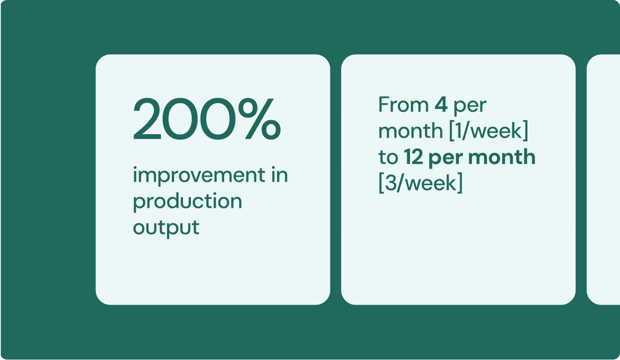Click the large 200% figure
tap(207, 119)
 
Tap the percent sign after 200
tap(260, 119)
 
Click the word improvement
tap(199, 175)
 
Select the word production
tap(187, 201)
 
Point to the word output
tap(166, 228)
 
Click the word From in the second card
tap(403, 105)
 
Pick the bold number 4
tap(441, 105)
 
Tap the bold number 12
tap(413, 157)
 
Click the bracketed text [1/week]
tap(488, 131)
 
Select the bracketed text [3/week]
tap(420, 183)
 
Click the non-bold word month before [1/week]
tap(411, 131)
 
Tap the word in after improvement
tap(279, 175)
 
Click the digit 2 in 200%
tap(147, 119)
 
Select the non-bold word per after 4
tap(470, 107)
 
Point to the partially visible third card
tap(603, 180)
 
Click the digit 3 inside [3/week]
tap(391, 183)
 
